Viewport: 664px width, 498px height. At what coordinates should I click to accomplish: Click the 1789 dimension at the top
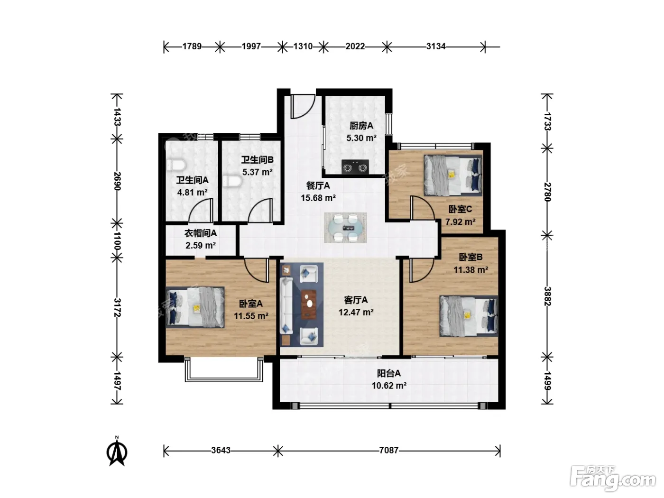pos(192,46)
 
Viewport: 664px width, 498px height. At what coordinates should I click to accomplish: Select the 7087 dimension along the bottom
pos(389,450)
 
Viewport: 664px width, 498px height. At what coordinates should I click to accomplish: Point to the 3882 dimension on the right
pos(547,296)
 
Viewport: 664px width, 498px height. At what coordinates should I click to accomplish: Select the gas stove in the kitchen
pos(355,167)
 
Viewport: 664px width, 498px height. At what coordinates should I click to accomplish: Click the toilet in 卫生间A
pos(176,165)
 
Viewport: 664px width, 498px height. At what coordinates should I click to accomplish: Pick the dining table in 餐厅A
pos(345,227)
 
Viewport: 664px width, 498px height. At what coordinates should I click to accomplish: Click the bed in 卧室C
pos(453,175)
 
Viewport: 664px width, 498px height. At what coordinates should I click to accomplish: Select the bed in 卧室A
pos(195,307)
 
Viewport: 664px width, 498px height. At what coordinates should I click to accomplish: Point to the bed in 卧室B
pos(469,316)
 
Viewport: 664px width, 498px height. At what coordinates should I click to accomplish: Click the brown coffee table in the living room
pos(309,304)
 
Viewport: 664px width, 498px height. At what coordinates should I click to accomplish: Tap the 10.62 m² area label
pos(389,386)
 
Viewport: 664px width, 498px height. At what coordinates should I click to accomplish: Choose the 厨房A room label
pos(361,126)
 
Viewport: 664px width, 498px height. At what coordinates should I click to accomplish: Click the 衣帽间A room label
pos(201,233)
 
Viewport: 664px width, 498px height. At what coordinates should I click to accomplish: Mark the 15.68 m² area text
pos(318,198)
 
